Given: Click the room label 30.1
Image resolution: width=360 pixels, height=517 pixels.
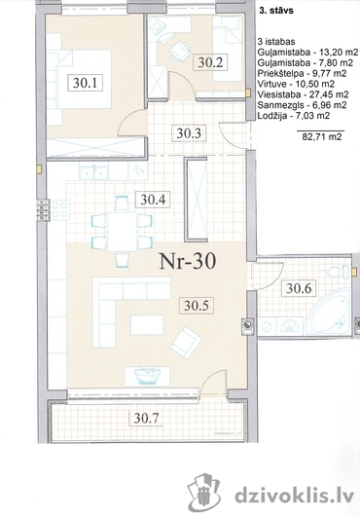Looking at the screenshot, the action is coord(85,83).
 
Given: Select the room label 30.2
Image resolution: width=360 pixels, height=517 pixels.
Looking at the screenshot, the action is coord(210,62).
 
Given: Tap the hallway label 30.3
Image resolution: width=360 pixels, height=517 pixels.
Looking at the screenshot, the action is coord(189,133).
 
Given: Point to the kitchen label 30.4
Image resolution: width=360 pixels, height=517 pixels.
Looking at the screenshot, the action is coord(153,200).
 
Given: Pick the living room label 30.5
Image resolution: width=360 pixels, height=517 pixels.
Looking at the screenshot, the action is coord(196,306).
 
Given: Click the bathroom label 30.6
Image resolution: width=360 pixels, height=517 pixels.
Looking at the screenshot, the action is coord(299,289).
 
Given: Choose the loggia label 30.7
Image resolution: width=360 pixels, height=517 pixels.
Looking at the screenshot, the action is coord(146,419).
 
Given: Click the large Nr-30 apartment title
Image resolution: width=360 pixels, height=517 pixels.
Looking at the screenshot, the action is coord(188,261).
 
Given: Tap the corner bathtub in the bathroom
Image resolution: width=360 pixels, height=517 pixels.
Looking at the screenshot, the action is coord(327,314).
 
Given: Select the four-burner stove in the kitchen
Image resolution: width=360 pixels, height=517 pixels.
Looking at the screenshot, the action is coord(59,209).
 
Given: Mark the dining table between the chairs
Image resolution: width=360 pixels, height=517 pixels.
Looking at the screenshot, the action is coord(123,232).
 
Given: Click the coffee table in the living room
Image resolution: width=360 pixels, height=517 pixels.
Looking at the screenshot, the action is coord(147,325).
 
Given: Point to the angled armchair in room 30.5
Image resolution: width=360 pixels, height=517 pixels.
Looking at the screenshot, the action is coord(187,342).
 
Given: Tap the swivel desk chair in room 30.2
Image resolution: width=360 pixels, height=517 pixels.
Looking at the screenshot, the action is coord(181,51).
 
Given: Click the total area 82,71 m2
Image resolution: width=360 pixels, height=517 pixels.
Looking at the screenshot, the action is coord(322,136).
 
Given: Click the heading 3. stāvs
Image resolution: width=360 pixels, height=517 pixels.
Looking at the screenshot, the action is coord(276,11).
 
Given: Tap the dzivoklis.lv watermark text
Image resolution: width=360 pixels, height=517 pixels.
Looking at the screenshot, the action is coord(295,495).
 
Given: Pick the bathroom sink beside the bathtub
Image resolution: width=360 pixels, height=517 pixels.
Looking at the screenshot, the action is coord(290,326).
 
